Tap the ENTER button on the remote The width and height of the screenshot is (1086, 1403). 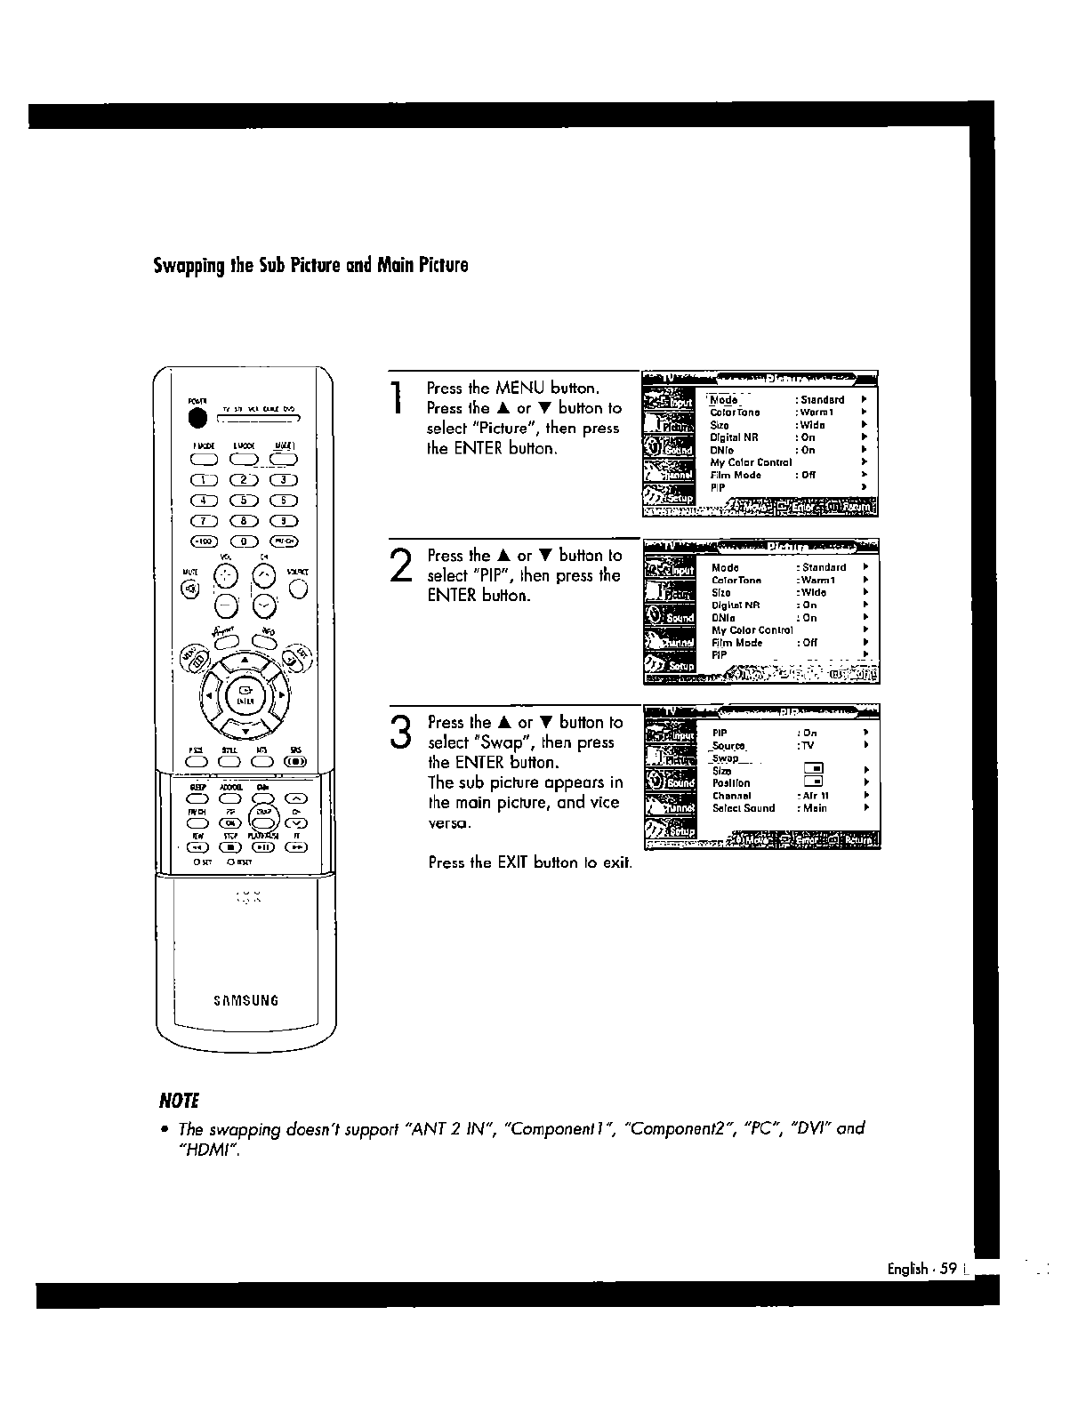click(245, 693)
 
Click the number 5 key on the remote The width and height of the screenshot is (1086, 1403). click(244, 500)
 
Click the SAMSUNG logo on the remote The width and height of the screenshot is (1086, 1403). click(246, 1000)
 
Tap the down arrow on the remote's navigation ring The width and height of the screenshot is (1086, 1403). click(245, 732)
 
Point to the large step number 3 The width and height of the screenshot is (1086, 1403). click(402, 733)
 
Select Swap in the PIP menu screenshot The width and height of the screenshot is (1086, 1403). click(725, 758)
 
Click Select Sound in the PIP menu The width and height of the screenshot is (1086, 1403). click(744, 808)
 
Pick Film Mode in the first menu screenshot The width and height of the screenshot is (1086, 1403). click(736, 475)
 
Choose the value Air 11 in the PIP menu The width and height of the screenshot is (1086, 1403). click(816, 796)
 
